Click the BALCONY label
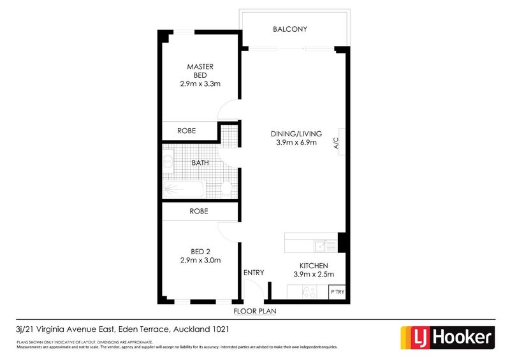[290, 29]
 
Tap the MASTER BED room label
[200, 70]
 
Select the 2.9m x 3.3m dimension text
[200, 83]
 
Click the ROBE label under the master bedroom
[187, 131]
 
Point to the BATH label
[201, 162]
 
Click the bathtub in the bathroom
[182, 189]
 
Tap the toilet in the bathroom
[226, 189]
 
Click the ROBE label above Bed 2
[200, 211]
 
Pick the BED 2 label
[200, 250]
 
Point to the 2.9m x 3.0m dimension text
[200, 260]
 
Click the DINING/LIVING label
[296, 134]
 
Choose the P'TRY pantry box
[337, 292]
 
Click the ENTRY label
[253, 273]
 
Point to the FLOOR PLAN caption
[254, 312]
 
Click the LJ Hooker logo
[447, 337]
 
